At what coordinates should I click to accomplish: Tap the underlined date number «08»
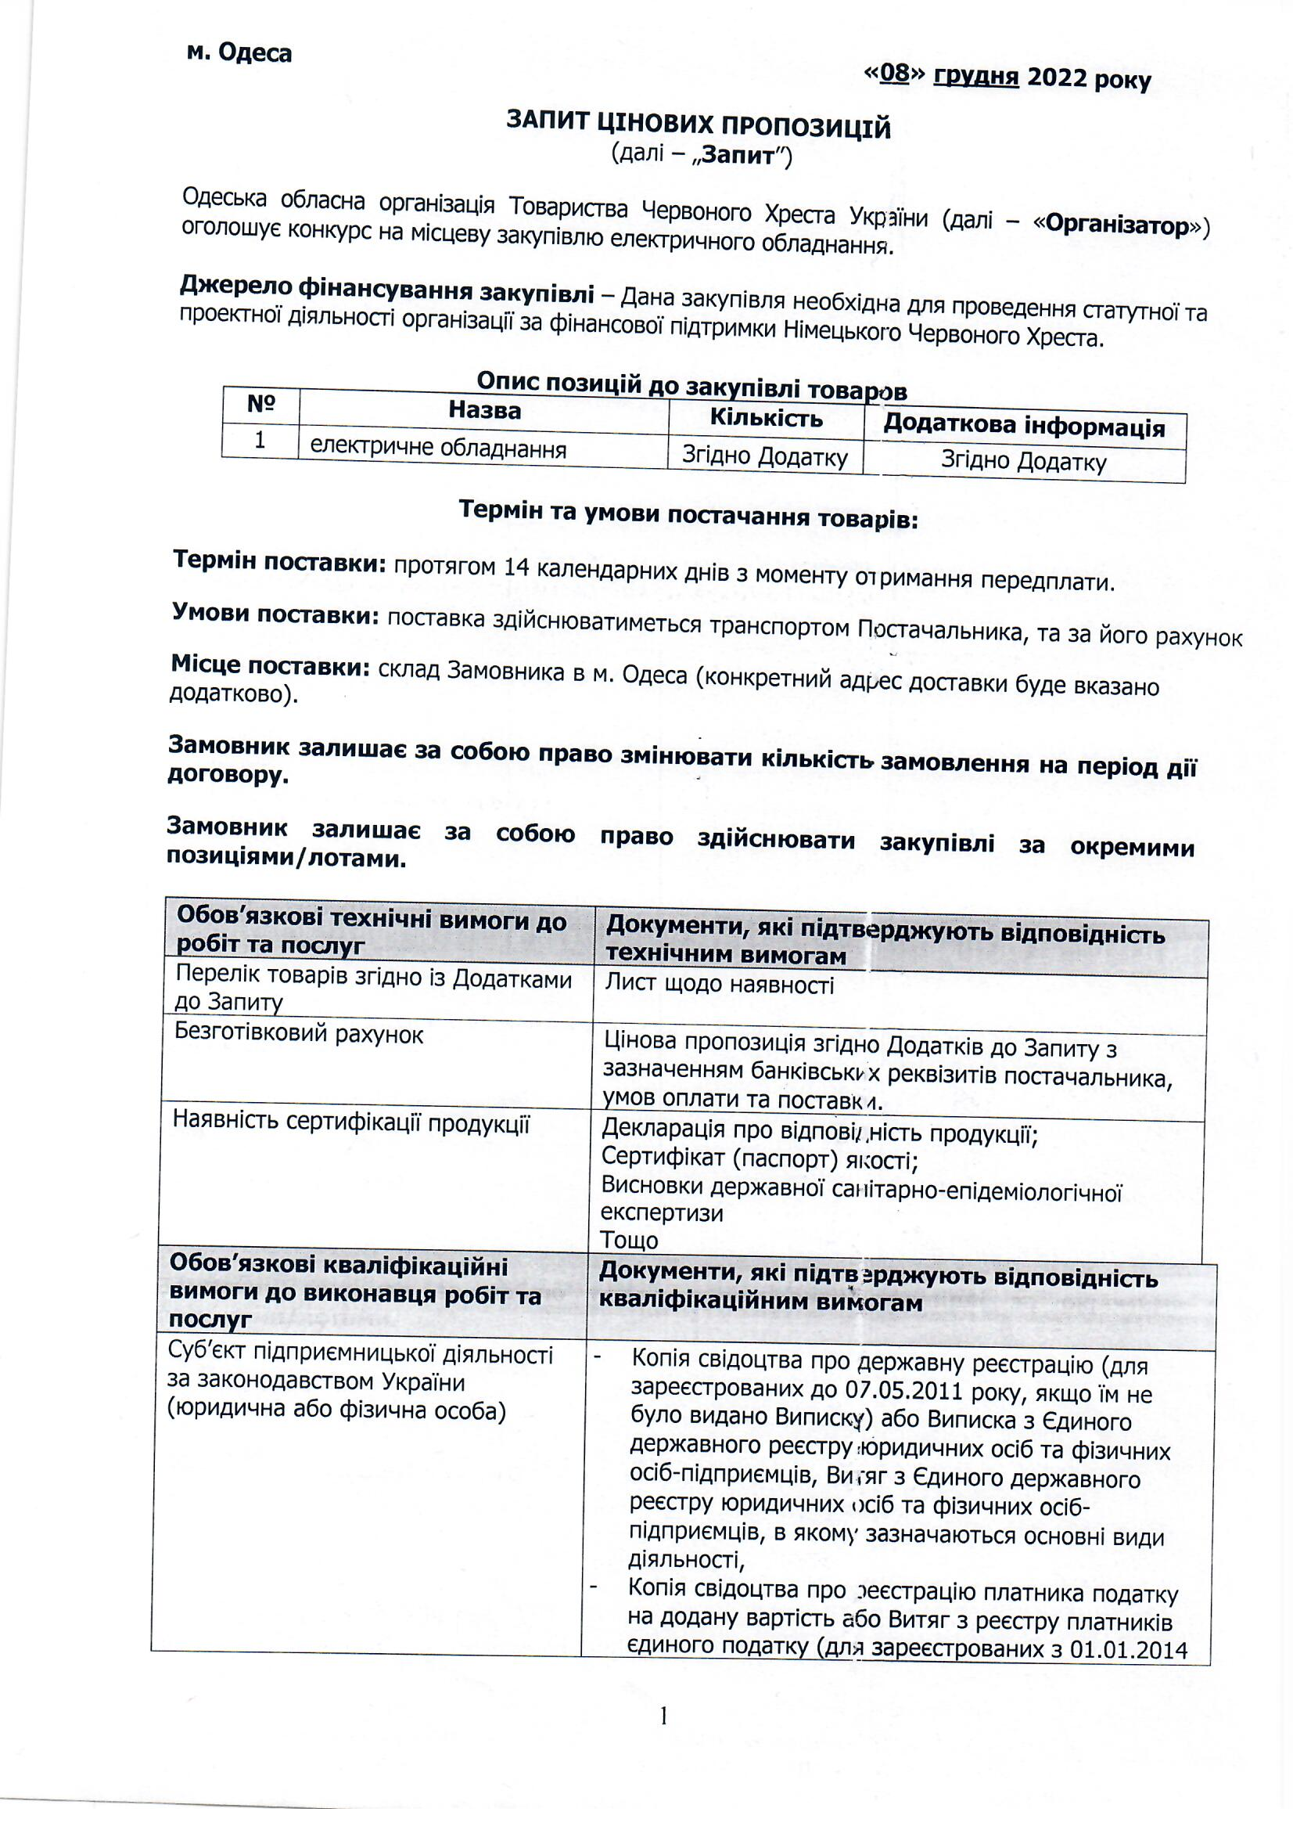[895, 74]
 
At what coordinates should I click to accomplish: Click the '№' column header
[260, 404]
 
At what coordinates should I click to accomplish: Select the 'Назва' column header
[484, 410]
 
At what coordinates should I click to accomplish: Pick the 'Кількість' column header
[766, 419]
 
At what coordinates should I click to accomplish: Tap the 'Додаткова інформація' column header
[1024, 427]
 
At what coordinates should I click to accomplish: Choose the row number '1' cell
[260, 439]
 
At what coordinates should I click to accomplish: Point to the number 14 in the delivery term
[518, 567]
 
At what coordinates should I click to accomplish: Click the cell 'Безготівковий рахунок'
[299, 1035]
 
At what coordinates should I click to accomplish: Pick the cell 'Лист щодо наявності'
[720, 985]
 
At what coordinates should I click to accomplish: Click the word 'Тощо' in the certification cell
[630, 1240]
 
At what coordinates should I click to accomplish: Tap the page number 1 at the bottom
[662, 1713]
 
